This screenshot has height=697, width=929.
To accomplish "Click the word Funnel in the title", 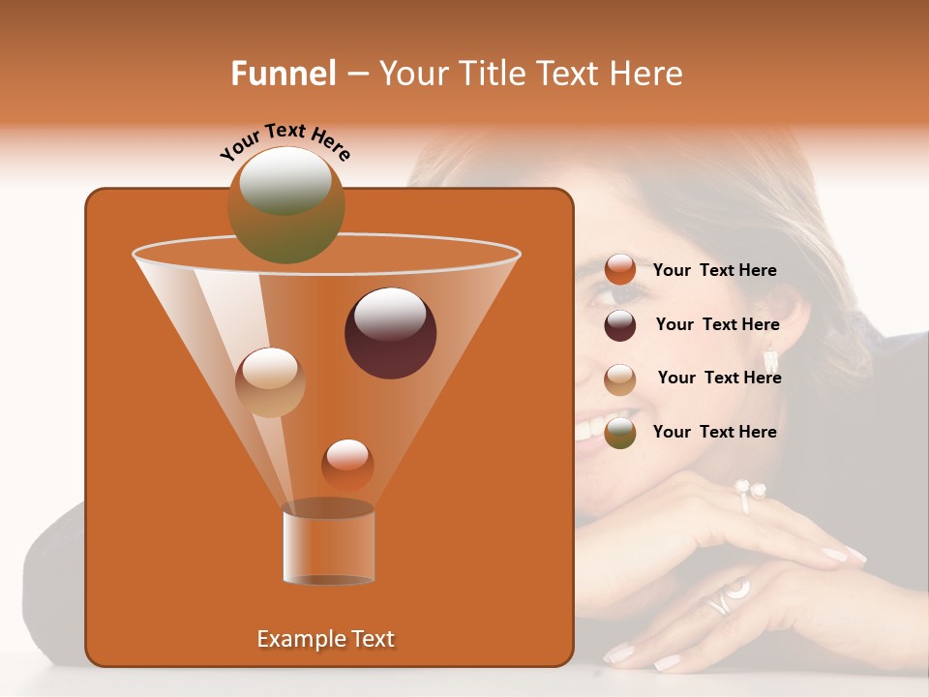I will [283, 74].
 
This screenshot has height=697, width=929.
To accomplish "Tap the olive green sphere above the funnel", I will [286, 204].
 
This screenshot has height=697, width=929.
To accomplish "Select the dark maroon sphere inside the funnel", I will [391, 333].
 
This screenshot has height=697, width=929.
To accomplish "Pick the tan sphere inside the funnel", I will [270, 381].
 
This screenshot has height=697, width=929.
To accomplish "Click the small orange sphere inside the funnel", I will [347, 465].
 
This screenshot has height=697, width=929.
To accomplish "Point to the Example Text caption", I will [325, 639].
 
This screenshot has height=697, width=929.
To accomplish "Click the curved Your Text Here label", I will [285, 142].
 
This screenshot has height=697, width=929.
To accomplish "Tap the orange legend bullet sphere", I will [620, 270].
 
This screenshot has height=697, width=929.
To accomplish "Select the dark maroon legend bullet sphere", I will [620, 325].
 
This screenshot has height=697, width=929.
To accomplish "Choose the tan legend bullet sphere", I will [620, 379].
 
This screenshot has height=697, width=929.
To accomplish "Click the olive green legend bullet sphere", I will [620, 433].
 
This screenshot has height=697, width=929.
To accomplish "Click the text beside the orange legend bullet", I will [714, 270].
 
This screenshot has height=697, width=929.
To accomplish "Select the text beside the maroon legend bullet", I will [717, 324].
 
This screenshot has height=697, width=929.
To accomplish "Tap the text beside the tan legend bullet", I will [719, 378].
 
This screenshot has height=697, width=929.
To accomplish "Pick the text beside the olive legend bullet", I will [714, 432].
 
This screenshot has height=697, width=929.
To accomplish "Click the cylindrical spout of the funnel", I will [328, 544].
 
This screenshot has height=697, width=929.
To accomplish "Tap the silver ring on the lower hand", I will [725, 596].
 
